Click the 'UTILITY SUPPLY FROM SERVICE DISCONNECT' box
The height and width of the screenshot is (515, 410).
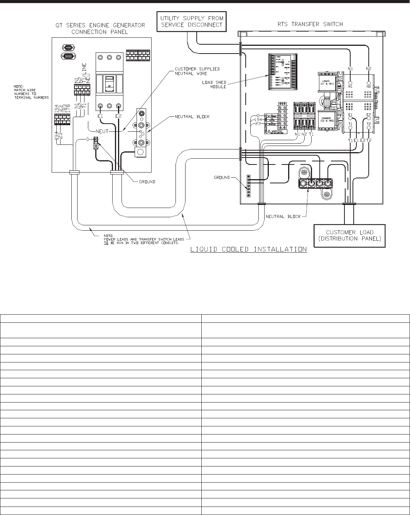[192, 22]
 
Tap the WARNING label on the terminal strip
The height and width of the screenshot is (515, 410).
[276, 131]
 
